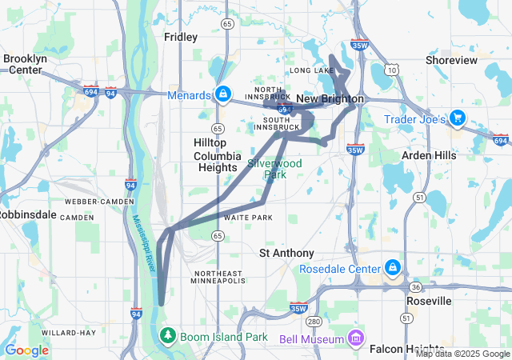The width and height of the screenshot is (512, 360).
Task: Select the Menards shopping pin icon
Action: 222,95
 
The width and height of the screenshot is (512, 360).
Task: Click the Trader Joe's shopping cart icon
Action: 457,118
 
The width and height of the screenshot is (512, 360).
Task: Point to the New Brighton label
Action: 330,98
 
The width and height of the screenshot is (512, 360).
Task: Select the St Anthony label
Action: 286,253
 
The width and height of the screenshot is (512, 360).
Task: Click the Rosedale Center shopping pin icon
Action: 393,268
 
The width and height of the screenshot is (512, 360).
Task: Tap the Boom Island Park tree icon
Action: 168,336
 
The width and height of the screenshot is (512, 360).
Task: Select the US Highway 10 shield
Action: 390,70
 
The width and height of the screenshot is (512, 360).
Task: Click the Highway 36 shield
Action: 414,286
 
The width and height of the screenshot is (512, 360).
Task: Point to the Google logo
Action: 26,350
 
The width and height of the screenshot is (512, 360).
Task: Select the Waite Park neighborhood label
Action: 248,218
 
